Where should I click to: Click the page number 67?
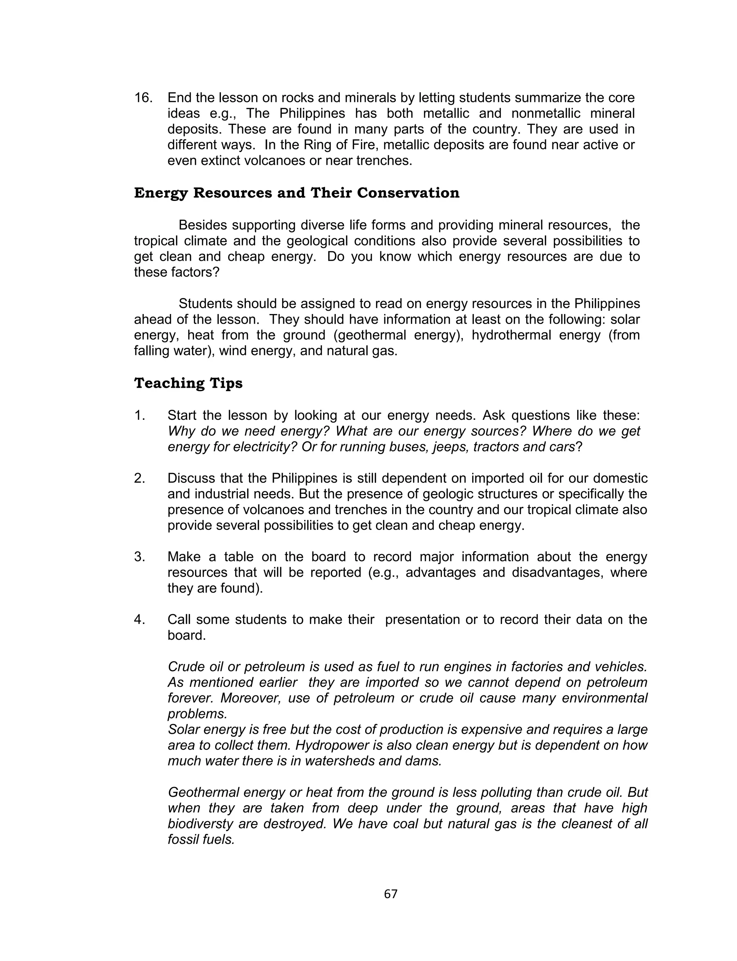[x=390, y=894]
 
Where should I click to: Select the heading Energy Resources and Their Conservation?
[x=297, y=193]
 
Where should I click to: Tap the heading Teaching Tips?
[x=188, y=383]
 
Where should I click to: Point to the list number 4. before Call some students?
[x=140, y=620]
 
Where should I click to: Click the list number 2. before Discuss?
[x=140, y=478]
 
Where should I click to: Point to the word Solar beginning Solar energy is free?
[x=184, y=730]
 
